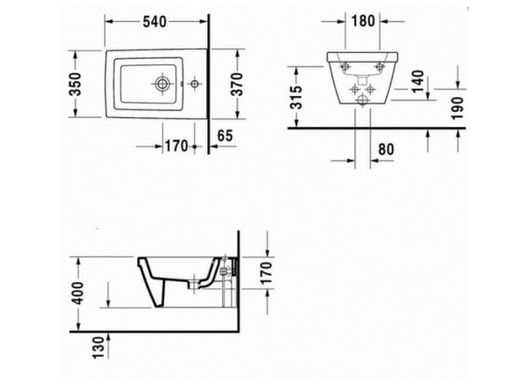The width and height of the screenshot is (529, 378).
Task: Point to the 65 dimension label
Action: (x=224, y=135)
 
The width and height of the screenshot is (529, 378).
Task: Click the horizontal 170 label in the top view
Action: (x=176, y=145)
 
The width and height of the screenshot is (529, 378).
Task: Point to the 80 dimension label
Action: (x=385, y=149)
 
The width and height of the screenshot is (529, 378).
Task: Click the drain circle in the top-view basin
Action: (x=162, y=85)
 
